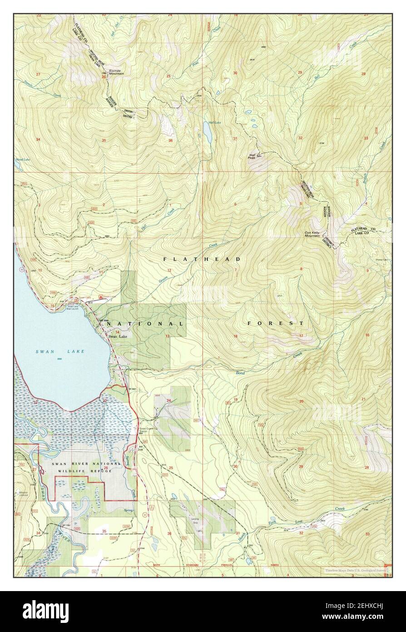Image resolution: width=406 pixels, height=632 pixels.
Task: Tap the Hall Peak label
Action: (x=252, y=155)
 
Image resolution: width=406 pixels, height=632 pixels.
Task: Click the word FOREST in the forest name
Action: (x=276, y=323)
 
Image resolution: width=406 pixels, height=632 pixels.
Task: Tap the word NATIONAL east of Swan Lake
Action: (x=146, y=324)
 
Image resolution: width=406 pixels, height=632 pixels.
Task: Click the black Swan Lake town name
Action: (x=118, y=336)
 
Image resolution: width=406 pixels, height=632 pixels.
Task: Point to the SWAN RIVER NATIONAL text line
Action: (x=86, y=463)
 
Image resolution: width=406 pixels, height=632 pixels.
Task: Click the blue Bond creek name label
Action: (x=239, y=373)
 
